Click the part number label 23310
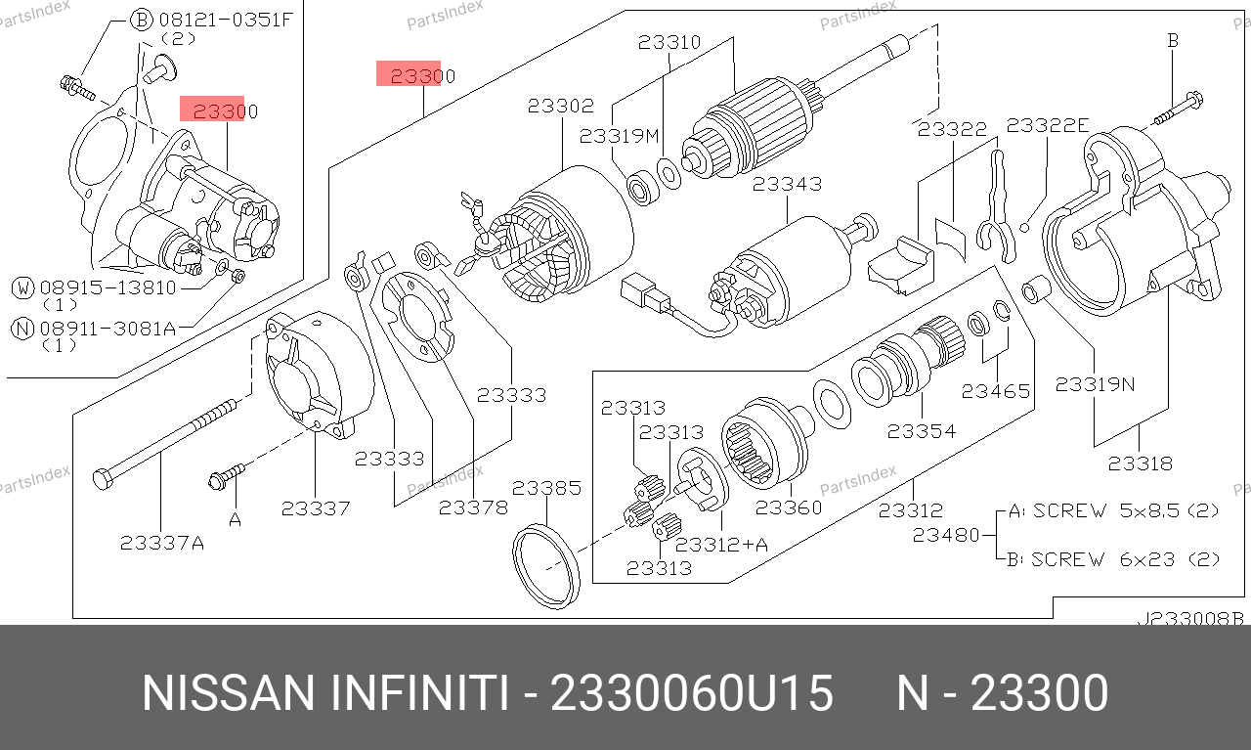pos(669,42)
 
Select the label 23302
pos(561,106)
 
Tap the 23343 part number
pos(788,184)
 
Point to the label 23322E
pos(1048,125)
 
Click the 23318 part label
pos(1141,463)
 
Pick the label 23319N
pos(1095,384)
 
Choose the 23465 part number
pos(996,391)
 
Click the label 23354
pos(922,431)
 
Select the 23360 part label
pos(789,507)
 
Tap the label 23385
pos(546,488)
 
